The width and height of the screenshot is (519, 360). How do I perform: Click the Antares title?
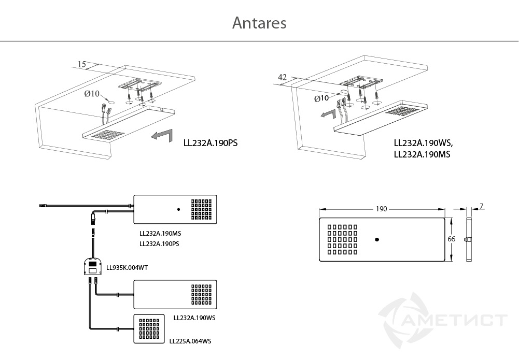coord(259,23)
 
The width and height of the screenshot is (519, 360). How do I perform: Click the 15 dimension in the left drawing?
coord(82,64)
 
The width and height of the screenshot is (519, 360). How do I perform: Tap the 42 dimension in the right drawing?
coord(282,77)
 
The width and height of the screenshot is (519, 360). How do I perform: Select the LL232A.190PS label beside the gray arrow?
coord(211,143)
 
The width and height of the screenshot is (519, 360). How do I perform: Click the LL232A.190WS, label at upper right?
coord(424,143)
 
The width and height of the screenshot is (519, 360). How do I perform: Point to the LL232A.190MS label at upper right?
coord(422,154)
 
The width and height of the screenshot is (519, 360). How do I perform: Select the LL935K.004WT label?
coord(127,267)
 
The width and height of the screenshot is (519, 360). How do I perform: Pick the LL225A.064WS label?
coord(190,341)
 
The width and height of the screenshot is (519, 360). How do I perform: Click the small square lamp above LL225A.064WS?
coord(149,328)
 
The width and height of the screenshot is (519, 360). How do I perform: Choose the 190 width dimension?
coord(381,209)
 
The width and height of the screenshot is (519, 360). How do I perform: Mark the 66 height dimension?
coord(452,239)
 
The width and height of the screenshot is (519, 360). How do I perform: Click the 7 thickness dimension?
coord(482,206)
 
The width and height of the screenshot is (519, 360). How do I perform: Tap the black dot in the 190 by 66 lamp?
coord(376,240)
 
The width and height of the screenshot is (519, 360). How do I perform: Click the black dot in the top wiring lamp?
coord(179,209)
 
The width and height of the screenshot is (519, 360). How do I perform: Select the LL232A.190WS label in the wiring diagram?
coord(194,318)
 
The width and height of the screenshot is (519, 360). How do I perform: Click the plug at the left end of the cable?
coord(44,206)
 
